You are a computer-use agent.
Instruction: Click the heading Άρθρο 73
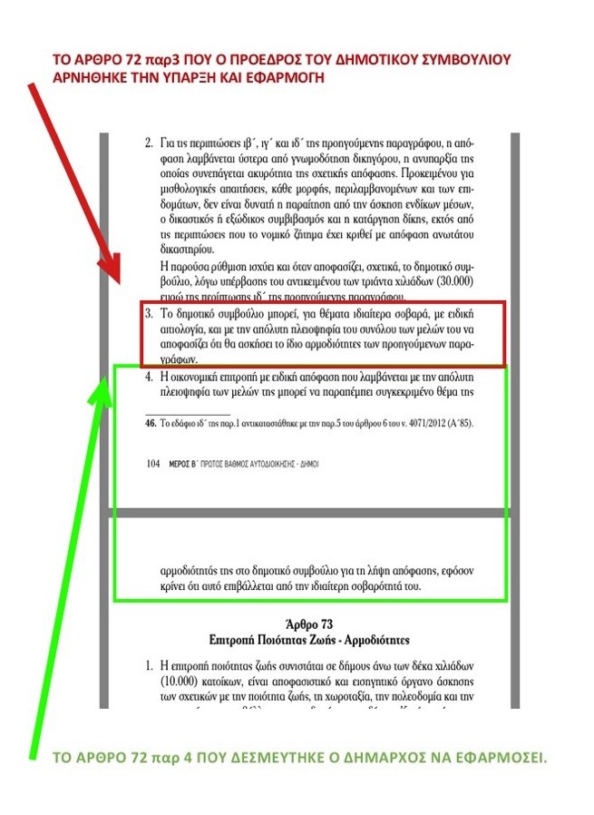click(310, 625)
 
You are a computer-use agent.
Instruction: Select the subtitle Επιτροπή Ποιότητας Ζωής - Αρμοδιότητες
click(310, 641)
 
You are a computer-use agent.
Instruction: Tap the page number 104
click(153, 463)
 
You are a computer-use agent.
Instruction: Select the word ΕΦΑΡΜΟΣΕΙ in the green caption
click(502, 755)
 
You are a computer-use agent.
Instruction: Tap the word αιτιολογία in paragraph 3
click(188, 329)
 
